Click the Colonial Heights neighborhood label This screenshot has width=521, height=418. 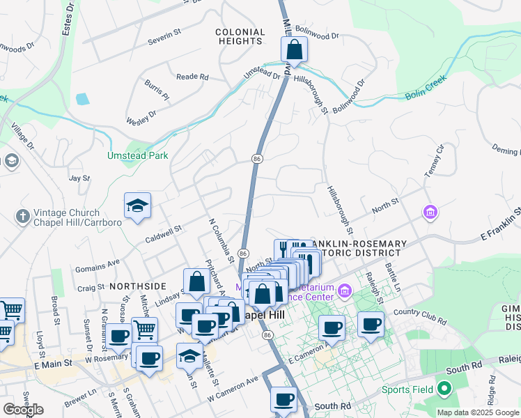coord(240,37)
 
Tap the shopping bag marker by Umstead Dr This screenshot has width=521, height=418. coord(295,50)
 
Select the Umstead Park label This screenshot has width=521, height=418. coord(137,156)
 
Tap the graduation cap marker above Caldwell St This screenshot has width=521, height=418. coord(137,206)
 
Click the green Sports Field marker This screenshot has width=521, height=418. coord(444,389)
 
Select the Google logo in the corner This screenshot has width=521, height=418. coord(23,410)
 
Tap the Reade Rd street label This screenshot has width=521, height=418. coord(192,77)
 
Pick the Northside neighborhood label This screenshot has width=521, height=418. coord(138,286)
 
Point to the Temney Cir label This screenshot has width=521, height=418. coord(433,161)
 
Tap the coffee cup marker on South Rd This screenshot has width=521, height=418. coord(283,400)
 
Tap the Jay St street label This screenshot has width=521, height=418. coord(80,178)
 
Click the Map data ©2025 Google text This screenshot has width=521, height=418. coord(479,412)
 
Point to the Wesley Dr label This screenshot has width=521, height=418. coord(142,116)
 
